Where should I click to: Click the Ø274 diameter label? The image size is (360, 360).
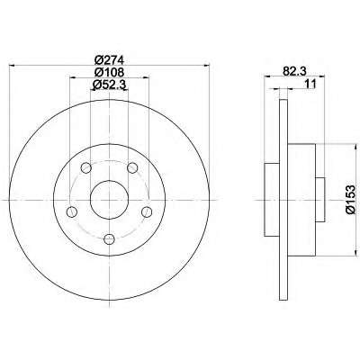click(x=109, y=60)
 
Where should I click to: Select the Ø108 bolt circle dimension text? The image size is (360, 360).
click(x=109, y=73)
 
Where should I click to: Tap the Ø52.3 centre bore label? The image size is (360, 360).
click(x=109, y=85)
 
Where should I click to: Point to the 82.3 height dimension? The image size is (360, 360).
click(x=294, y=71)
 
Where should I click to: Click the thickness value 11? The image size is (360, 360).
click(x=310, y=84)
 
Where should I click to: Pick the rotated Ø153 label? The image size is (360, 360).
click(x=350, y=200)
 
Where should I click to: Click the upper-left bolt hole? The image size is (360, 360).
click(x=86, y=168)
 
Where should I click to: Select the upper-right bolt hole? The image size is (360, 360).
click(x=132, y=168)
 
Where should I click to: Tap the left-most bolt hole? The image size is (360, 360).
click(x=72, y=211)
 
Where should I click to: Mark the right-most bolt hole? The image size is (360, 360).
click(x=147, y=211)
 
